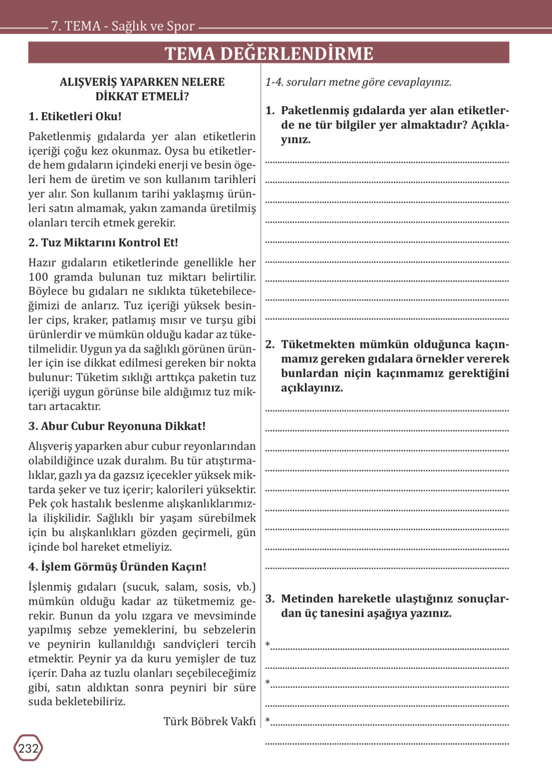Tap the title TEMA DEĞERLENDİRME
269,53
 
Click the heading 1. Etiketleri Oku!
75,116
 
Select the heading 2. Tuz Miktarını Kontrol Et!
103,242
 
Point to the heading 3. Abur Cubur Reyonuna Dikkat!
117,426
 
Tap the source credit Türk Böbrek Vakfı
209,721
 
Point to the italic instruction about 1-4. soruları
358,82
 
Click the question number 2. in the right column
270,344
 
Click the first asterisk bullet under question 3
268,644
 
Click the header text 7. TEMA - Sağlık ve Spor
123,26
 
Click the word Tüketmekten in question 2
317,344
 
